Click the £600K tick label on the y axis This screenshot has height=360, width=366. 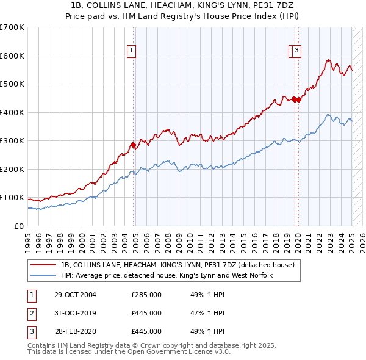click(x=12, y=56)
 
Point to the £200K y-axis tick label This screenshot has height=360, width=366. click(x=12, y=169)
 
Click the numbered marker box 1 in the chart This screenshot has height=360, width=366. click(x=131, y=51)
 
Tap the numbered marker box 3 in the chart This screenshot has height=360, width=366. click(x=297, y=51)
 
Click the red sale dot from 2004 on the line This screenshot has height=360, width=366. click(x=133, y=145)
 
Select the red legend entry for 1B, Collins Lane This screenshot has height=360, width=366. click(x=177, y=265)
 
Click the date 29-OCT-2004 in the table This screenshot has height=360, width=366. click(x=75, y=295)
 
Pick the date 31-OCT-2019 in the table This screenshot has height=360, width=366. click(x=75, y=313)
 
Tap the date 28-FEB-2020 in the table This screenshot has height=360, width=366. click(x=75, y=331)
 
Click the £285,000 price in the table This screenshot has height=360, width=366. click(x=146, y=295)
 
